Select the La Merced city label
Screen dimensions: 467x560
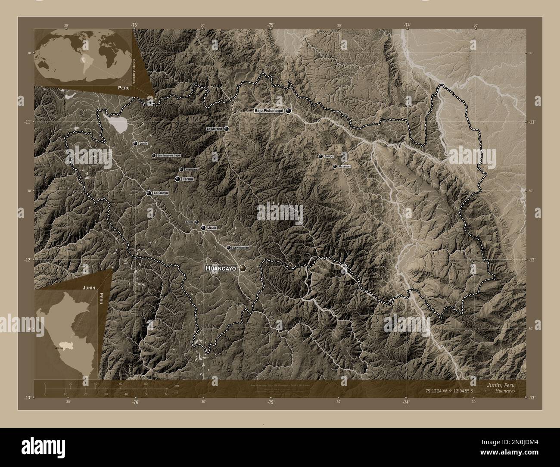[x=214, y=129]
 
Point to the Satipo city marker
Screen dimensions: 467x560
[x=320, y=156]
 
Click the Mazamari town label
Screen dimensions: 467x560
[x=345, y=166]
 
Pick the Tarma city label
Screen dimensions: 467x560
[x=187, y=179]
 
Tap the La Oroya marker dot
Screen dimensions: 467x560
[x=149, y=193]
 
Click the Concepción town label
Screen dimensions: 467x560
[x=241, y=248]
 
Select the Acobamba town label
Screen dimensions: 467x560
[x=192, y=170]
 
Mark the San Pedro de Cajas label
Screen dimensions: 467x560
[x=168, y=156]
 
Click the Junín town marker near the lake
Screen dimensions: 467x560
[x=135, y=143]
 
